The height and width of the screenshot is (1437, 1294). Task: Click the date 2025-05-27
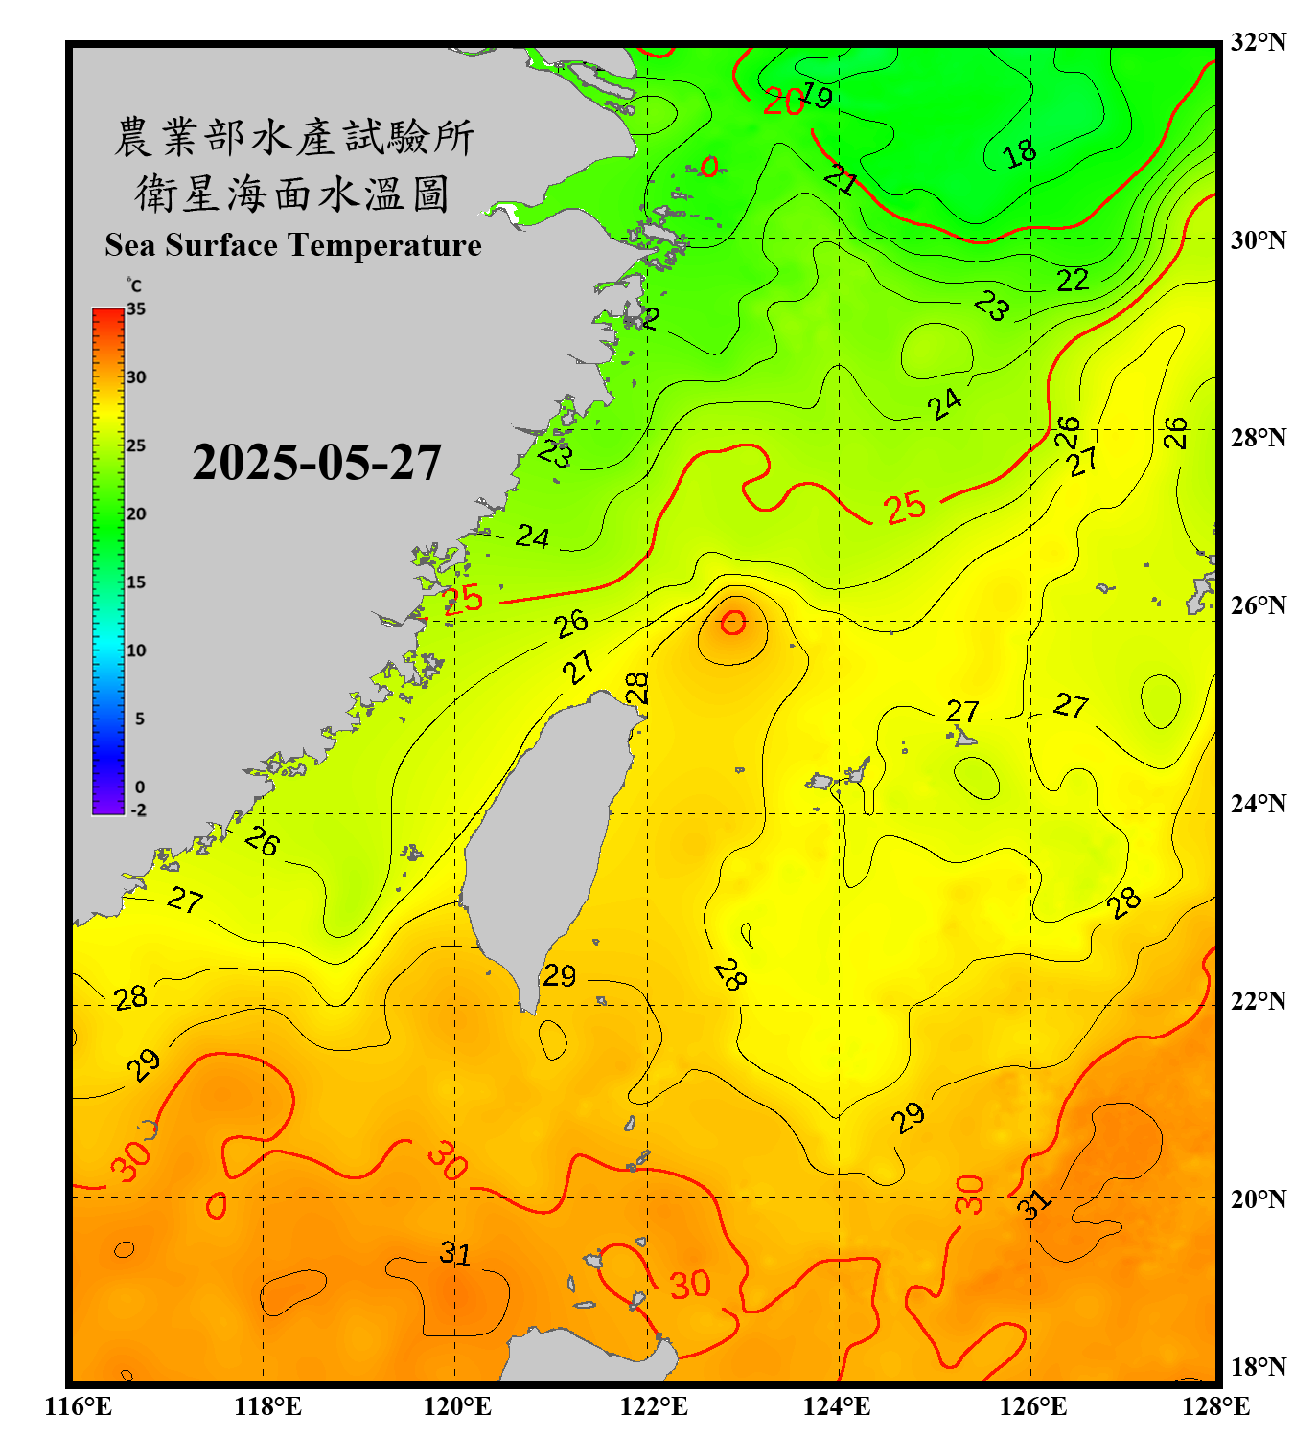coord(316,463)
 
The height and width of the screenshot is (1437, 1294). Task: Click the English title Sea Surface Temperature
coord(293,245)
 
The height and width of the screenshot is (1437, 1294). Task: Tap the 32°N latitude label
coord(1258,42)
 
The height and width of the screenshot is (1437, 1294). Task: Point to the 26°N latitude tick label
coord(1258,605)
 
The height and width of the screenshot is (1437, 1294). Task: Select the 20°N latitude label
coord(1258,1198)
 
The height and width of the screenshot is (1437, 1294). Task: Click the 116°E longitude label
coord(79,1406)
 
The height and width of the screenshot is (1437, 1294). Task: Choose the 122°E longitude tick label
coord(654,1406)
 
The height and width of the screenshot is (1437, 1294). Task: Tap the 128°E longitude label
coord(1215,1406)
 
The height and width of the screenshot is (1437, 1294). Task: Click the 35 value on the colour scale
coord(136,309)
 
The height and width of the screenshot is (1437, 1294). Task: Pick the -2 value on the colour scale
coord(138,810)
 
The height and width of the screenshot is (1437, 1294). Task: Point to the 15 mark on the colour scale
coord(136,582)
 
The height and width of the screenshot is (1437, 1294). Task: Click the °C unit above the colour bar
coord(134,285)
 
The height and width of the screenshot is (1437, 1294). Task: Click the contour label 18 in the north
coord(1020,152)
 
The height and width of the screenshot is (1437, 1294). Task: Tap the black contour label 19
coord(817,95)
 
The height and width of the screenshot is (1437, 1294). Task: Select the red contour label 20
coord(783,102)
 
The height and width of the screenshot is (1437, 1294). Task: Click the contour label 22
coord(1073,280)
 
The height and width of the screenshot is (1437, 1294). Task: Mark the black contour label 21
coord(841,179)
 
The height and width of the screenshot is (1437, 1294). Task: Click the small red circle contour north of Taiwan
coord(733,623)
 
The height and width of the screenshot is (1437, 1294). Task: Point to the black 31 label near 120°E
coord(455,1253)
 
